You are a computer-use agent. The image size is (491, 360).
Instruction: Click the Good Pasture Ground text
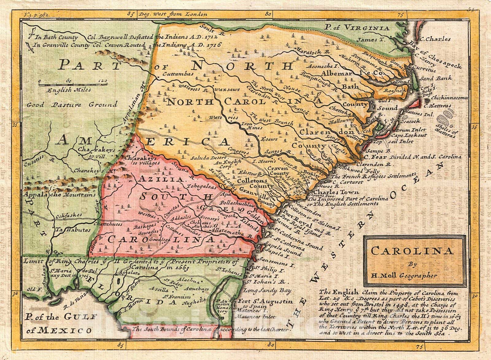pyautogui.click(x=72, y=105)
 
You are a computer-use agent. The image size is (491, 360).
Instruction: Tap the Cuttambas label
pyautogui.click(x=178, y=74)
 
